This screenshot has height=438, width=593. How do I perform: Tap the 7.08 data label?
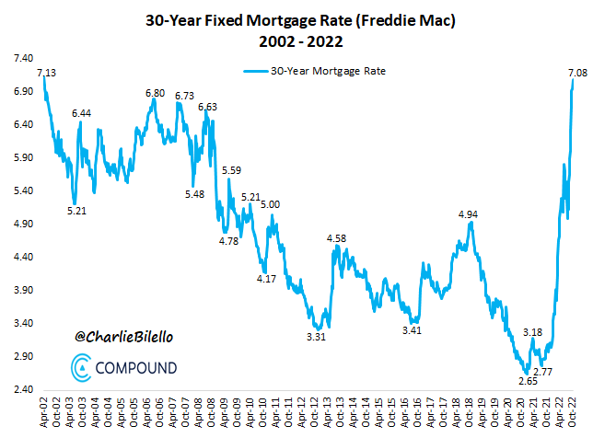pos(578,72)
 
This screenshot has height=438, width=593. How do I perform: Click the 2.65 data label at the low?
pos(528,380)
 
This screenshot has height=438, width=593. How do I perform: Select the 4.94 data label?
pos(469,214)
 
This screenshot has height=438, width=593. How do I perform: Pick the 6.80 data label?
pos(155,93)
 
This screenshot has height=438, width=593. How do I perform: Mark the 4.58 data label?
pos(337,238)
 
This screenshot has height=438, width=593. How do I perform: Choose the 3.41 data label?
pos(412,330)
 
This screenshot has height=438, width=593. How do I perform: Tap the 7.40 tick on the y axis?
pos(20,58)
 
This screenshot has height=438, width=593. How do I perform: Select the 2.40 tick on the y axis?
pos(20,389)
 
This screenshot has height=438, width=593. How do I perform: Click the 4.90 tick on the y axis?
pos(20,224)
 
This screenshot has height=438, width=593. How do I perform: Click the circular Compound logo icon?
pos(80,367)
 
